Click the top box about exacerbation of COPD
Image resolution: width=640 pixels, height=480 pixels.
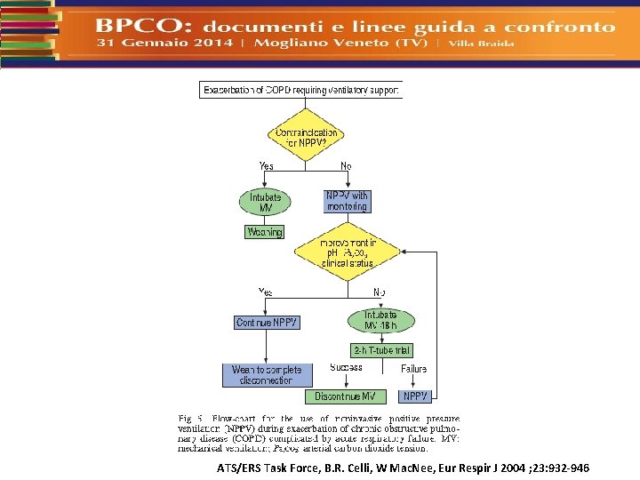pyautogui.click(x=301, y=90)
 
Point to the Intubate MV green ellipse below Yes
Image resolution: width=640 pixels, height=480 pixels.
pyautogui.click(x=266, y=202)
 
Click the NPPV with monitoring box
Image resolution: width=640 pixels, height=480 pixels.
pyautogui.click(x=347, y=201)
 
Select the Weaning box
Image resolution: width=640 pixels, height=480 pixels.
pyautogui.click(x=264, y=232)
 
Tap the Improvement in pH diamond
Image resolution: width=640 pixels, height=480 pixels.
pyautogui.click(x=348, y=252)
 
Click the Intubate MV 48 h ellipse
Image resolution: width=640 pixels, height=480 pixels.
pyautogui.click(x=380, y=321)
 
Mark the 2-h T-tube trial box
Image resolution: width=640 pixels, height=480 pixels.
pyautogui.click(x=382, y=350)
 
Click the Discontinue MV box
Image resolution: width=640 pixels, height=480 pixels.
pyautogui.click(x=346, y=396)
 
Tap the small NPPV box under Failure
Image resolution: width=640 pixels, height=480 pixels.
pyautogui.click(x=415, y=396)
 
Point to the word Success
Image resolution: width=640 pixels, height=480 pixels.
pyautogui.click(x=346, y=368)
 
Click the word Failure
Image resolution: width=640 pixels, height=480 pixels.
pyautogui.click(x=413, y=368)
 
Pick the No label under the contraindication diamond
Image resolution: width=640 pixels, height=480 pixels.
pyautogui.click(x=347, y=166)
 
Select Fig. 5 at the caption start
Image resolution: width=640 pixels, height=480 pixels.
pyautogui.click(x=191, y=417)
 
